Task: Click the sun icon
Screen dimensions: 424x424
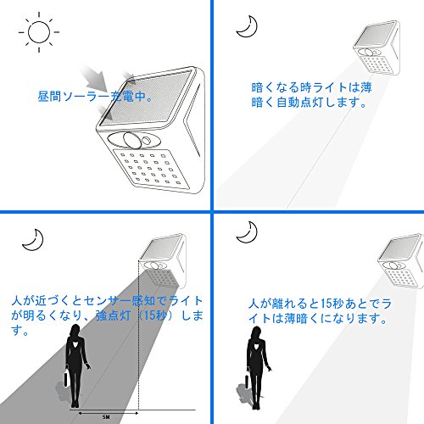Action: [39, 32]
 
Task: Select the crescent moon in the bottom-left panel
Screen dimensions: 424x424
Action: [36, 243]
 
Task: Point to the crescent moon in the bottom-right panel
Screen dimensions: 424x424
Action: [250, 236]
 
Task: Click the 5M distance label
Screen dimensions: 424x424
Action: [106, 417]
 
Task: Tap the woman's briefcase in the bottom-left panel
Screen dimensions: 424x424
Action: [66, 377]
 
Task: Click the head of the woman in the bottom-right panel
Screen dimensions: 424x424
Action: [256, 332]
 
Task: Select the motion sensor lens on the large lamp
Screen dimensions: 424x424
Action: [132, 140]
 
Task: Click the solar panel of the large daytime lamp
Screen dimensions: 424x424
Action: [147, 98]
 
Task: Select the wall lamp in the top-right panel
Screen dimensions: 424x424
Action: [377, 48]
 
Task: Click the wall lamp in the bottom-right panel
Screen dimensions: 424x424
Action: [401, 261]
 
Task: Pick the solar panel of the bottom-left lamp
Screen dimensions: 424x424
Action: [162, 248]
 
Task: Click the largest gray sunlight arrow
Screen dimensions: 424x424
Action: [94, 78]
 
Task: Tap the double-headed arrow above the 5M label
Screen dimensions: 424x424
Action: [109, 413]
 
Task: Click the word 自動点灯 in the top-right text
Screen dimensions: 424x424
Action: [300, 102]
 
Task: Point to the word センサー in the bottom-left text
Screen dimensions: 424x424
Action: [108, 301]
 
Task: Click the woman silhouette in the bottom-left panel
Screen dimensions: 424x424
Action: [75, 366]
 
